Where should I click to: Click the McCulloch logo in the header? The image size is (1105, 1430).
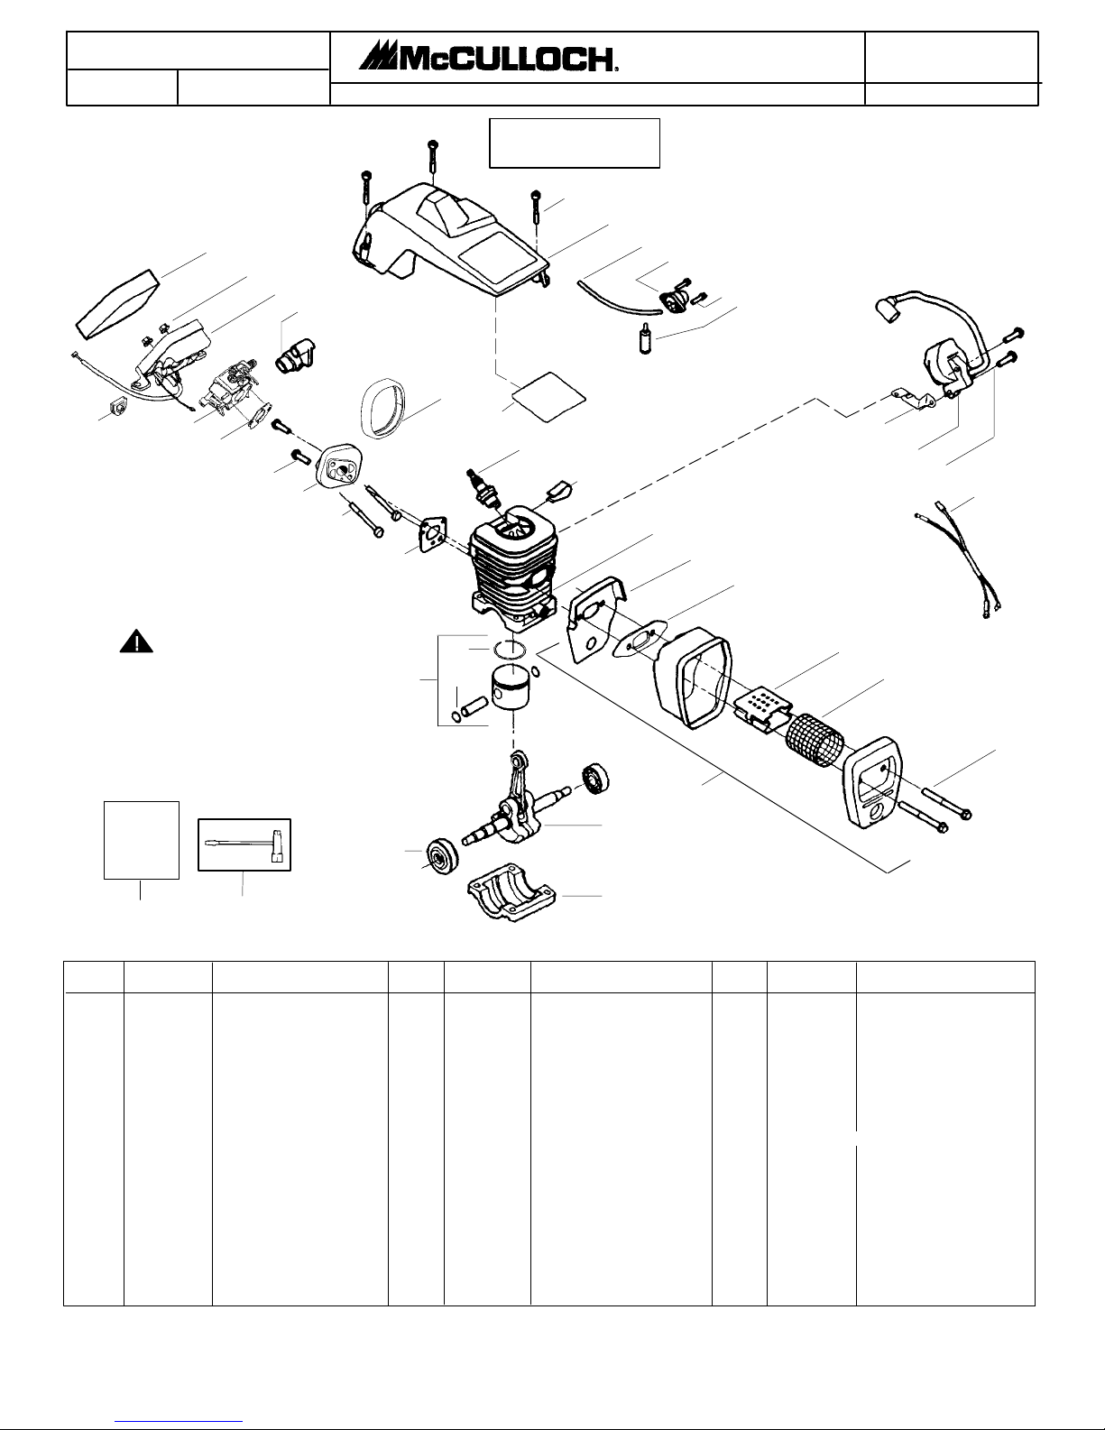[x=487, y=57]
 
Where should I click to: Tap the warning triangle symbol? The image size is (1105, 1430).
[x=136, y=641]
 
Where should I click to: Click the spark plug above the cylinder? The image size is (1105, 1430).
[x=482, y=487]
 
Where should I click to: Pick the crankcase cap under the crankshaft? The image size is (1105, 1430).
[x=511, y=891]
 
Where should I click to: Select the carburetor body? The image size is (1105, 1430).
[x=230, y=392]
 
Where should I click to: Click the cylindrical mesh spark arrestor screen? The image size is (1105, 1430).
[x=815, y=741]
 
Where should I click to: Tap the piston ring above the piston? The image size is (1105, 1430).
[x=510, y=650]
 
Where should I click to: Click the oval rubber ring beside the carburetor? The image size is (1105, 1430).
[x=382, y=409]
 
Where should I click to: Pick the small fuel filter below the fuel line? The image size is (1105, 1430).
[x=646, y=339]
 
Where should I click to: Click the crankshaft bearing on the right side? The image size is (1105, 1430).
[x=595, y=780]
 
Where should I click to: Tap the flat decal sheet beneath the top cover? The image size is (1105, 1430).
[x=548, y=397]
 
